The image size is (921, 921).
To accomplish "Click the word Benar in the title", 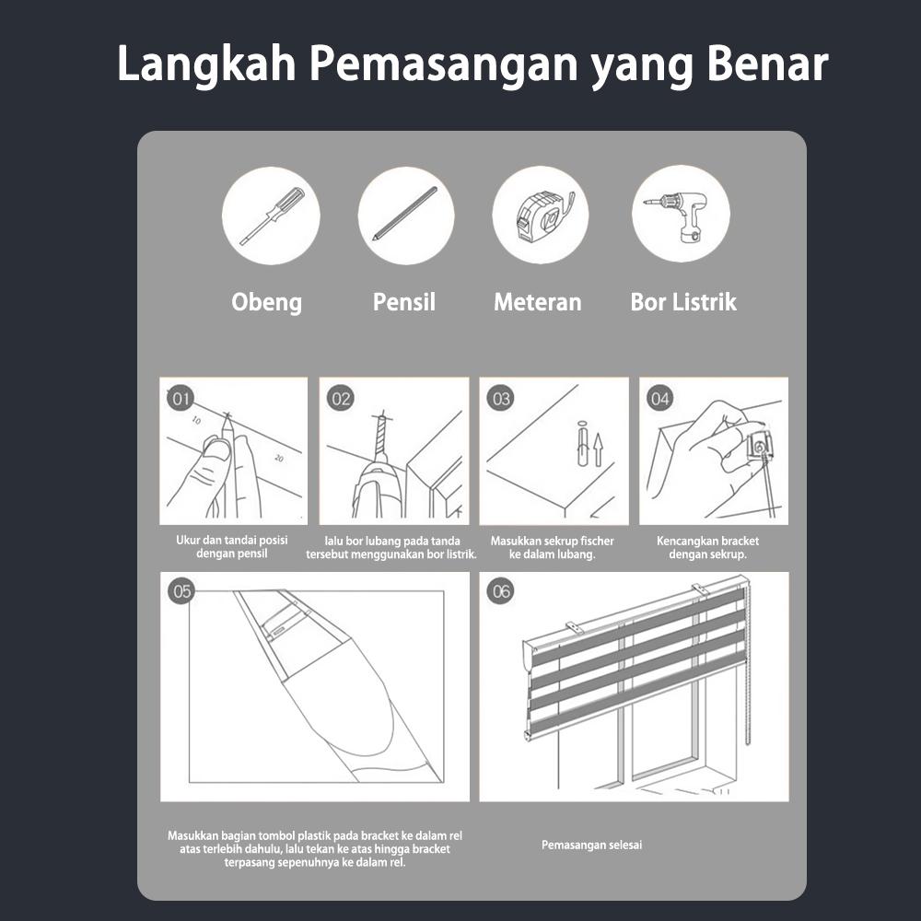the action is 767,64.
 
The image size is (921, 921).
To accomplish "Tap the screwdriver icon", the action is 272,216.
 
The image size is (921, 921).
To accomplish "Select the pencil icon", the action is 405,214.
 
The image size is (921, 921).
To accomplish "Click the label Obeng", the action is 267,302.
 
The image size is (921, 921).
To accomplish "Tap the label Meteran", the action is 538,302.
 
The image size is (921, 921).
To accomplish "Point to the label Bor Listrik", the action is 683,302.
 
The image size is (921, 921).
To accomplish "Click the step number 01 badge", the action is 181,399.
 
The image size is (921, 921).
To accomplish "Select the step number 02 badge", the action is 340,399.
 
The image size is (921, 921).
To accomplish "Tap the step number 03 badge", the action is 500,399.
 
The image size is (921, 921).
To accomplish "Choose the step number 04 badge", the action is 659,399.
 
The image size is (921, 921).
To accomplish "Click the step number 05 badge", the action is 181,591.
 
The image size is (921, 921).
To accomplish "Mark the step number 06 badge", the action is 500,591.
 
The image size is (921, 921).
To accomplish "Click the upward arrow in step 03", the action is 598,450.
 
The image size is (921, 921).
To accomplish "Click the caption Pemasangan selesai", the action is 591,845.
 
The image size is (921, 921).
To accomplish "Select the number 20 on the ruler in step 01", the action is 279,458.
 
